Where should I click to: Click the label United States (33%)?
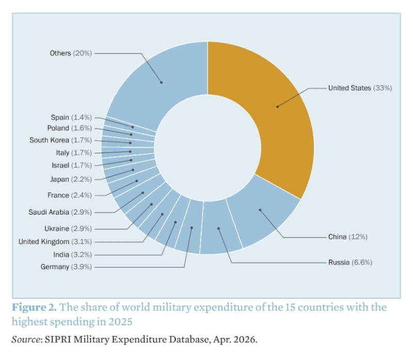[x=360, y=88]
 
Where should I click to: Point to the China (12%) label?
[x=347, y=237]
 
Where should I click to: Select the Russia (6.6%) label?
[x=350, y=263]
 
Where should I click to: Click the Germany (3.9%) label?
[x=66, y=267]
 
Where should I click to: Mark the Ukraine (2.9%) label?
[x=68, y=228]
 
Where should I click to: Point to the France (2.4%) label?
[x=69, y=195]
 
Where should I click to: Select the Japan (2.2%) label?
[x=71, y=179]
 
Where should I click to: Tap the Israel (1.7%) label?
[x=71, y=165]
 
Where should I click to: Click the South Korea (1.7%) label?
[x=60, y=140]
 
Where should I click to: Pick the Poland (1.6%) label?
[x=70, y=128]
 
